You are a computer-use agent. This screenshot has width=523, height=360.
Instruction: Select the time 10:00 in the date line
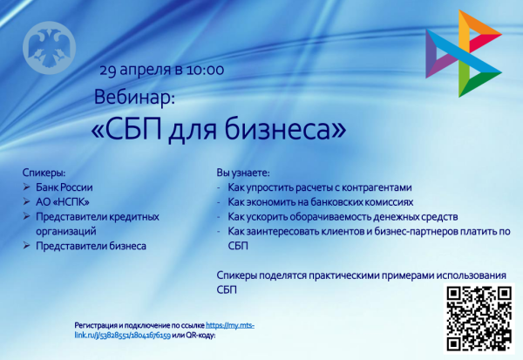205,67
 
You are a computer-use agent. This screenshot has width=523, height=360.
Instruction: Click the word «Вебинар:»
134,95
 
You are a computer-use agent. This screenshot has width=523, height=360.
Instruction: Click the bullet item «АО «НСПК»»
65,202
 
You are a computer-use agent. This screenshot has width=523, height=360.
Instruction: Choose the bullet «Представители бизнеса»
91,247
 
